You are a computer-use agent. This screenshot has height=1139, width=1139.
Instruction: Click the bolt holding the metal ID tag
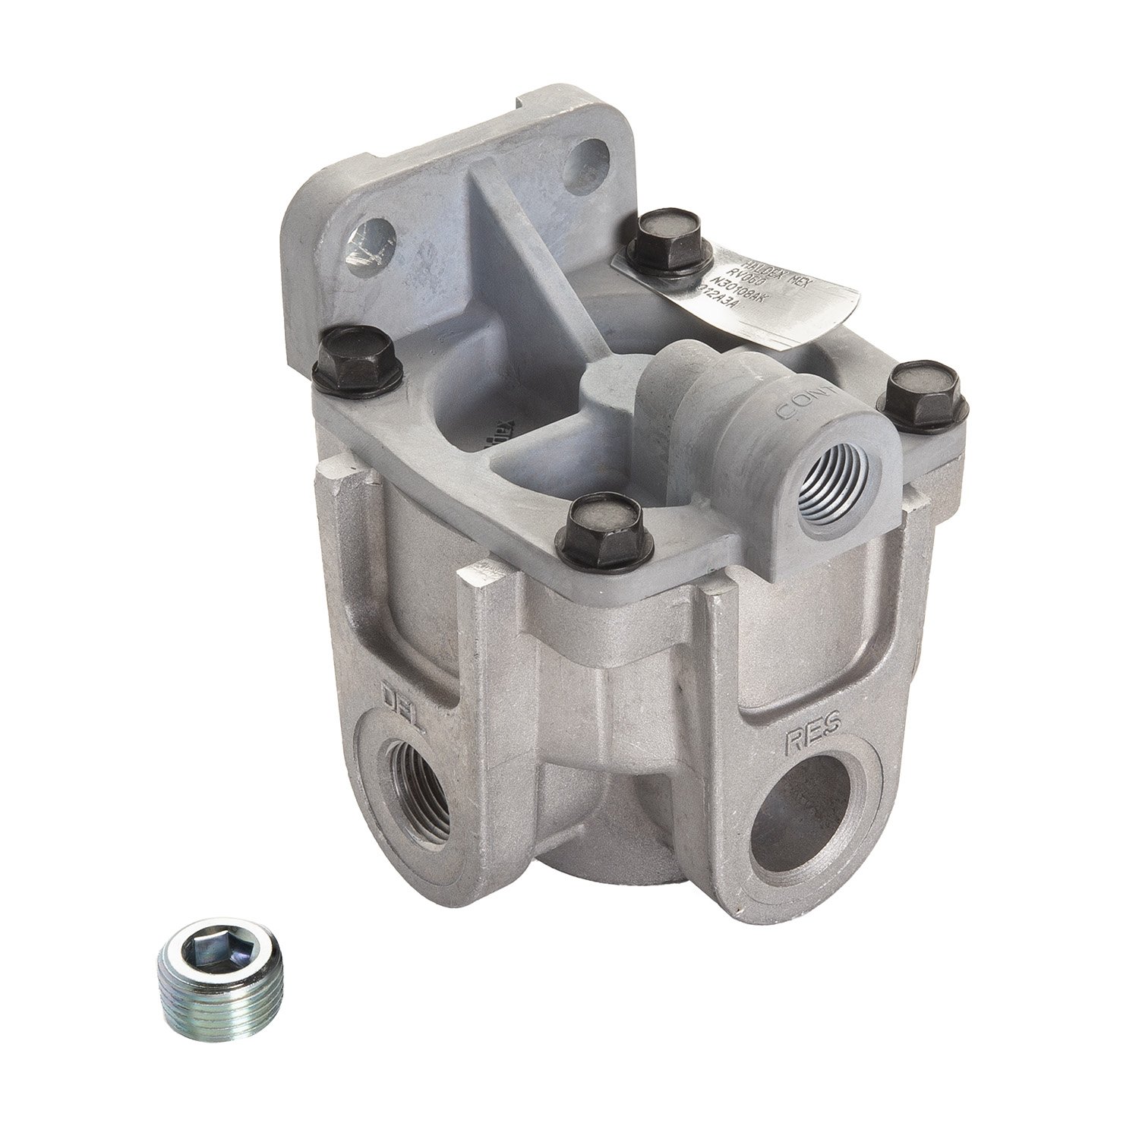[x=667, y=238]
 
